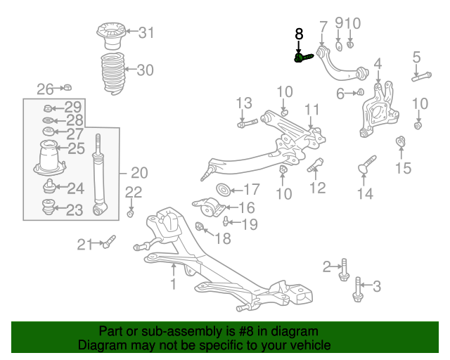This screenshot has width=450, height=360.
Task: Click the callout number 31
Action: (x=146, y=32)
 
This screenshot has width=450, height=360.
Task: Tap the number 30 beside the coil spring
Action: (x=144, y=70)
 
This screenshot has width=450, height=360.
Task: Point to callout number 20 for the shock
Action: (x=139, y=173)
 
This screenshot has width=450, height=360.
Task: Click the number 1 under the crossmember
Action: (x=173, y=284)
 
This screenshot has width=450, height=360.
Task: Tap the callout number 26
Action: (x=45, y=89)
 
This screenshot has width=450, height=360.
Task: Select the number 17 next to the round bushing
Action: (x=251, y=189)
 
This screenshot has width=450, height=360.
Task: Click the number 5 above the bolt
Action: (x=416, y=57)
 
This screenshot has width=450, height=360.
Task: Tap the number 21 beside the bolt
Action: (x=85, y=244)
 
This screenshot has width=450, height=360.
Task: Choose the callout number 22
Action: (x=134, y=193)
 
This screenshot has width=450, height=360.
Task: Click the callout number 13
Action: (x=243, y=103)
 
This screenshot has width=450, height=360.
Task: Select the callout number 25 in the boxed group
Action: (x=76, y=148)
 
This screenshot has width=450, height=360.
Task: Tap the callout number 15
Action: (x=402, y=168)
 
